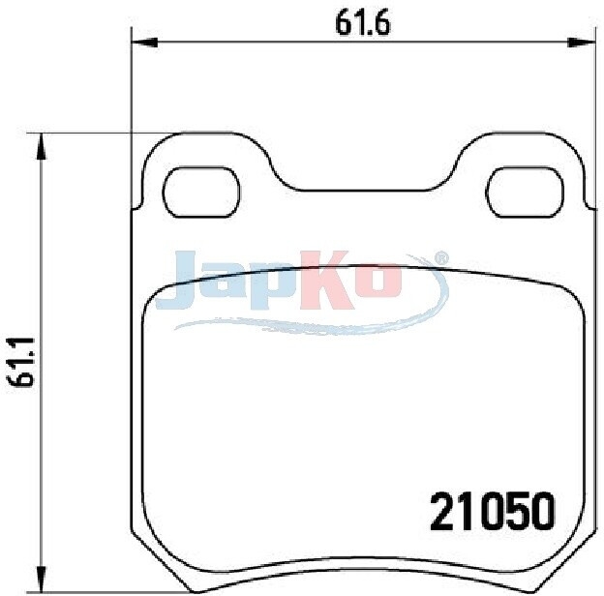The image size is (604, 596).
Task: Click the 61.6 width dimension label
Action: pos(362,23)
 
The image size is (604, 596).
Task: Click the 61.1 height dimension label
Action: pos(20,362)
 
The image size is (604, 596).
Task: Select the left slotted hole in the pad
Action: pos(201,192)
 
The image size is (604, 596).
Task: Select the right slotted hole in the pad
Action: pos(525,192)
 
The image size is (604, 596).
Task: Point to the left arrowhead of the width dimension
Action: pos(144,43)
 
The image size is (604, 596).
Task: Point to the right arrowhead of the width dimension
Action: pos(581,43)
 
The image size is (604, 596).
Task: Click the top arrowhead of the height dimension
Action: pos(41,147)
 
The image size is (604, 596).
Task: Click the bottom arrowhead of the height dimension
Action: pos(41,579)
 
